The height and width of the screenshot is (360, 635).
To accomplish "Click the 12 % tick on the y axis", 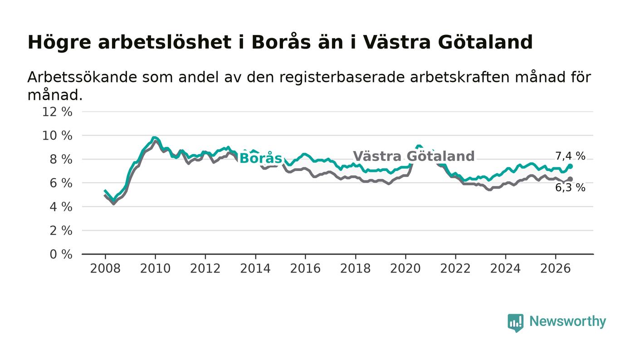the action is pos(57,112).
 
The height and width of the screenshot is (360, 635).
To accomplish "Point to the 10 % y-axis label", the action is pos(57,136).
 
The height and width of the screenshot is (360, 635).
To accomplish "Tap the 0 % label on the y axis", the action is pos(61,254).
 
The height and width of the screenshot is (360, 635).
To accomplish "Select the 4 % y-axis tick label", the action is pos(61,207).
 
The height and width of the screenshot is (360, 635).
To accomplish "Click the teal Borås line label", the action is pos(261,158).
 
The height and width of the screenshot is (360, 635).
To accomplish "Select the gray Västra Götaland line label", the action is pos(414,156).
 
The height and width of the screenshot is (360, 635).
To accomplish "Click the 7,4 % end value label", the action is pos(570,156).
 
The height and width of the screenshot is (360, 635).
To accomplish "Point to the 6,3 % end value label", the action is pos(570,188).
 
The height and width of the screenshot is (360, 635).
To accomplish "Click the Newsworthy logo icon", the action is pos(515,323).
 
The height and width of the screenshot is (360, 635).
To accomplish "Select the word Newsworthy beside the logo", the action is pos(568,321).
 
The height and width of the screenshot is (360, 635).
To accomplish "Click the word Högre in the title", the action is pos(59,43).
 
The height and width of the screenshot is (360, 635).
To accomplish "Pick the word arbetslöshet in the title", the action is pos(165,42).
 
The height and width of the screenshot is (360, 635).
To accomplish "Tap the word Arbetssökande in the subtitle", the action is pos(82,77).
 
